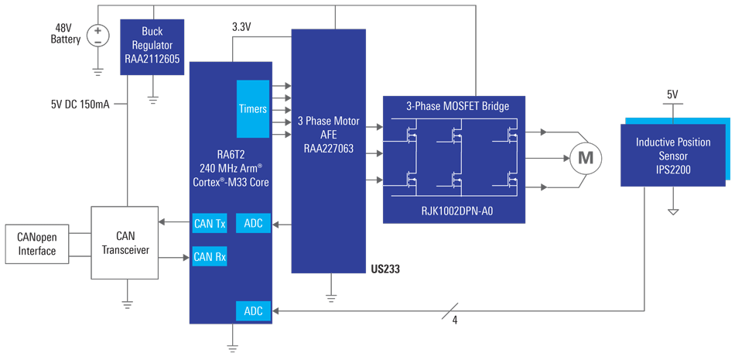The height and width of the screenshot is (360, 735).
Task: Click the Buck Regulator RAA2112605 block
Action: [x=152, y=47]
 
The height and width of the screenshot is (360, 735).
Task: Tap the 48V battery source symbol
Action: [x=98, y=35]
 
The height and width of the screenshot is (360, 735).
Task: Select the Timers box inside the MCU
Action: [x=253, y=108]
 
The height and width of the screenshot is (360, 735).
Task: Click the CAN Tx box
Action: [x=209, y=224]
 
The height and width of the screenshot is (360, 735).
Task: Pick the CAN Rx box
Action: [x=209, y=257]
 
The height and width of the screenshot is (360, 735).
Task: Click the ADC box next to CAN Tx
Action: [x=253, y=224]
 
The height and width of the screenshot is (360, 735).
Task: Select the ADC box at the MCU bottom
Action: [x=253, y=311]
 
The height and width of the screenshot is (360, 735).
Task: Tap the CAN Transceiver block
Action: [x=125, y=242]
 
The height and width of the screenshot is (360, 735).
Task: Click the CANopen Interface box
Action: [x=37, y=244]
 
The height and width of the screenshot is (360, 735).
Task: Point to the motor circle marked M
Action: [x=586, y=159]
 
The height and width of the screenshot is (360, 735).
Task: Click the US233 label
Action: [x=385, y=269]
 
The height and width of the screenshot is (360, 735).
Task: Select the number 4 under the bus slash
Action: [x=455, y=320]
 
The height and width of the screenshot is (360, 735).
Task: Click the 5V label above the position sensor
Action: [x=672, y=94]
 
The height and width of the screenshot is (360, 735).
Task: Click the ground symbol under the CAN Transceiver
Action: [x=127, y=303]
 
